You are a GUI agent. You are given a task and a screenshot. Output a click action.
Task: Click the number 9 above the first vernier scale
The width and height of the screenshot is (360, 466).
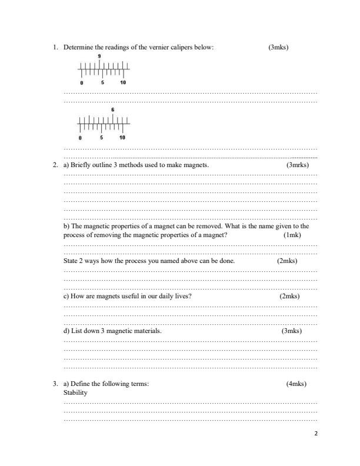pyautogui.click(x=99, y=55)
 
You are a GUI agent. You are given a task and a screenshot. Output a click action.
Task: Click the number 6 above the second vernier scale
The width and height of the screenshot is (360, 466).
pyautogui.click(x=112, y=110)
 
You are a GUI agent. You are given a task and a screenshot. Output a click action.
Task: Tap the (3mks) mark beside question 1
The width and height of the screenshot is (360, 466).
pyautogui.click(x=278, y=47)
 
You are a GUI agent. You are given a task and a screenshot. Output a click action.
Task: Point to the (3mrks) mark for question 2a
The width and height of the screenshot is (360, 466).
pyautogui.click(x=297, y=165)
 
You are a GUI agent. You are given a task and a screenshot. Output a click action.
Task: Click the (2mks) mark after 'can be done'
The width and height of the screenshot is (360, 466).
pyautogui.click(x=287, y=260)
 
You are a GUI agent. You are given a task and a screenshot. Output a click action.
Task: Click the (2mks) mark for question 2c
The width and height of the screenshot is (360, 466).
pyautogui.click(x=289, y=296)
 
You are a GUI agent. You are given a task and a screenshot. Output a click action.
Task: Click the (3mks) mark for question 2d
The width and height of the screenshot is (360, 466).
pyautogui.click(x=292, y=331)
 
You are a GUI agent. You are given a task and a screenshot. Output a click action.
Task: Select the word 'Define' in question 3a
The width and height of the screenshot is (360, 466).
pyautogui.click(x=81, y=384)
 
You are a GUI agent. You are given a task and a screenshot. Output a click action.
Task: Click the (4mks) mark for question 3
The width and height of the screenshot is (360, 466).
pyautogui.click(x=296, y=384)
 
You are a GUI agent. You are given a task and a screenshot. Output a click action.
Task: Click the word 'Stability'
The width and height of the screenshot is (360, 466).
pyautogui.click(x=75, y=392)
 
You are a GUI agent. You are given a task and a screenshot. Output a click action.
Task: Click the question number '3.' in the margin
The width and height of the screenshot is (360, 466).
pyautogui.click(x=55, y=384)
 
